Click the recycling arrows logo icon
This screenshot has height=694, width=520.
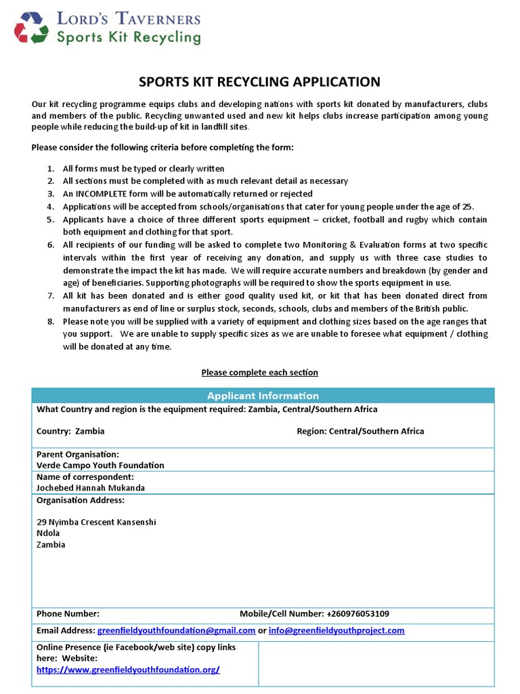click(32, 28)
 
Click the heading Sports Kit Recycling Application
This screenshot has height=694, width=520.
click(259, 82)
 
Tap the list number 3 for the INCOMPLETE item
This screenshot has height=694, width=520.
click(51, 194)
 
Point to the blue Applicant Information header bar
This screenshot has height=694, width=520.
click(263, 395)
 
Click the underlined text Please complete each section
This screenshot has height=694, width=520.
click(259, 372)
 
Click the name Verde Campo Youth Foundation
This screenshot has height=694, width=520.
click(100, 465)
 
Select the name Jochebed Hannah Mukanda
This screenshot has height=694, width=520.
click(91, 487)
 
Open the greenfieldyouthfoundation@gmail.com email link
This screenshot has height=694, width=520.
click(176, 630)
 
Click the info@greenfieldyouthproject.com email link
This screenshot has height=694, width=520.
click(337, 630)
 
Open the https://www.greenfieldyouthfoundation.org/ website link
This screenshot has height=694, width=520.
click(128, 670)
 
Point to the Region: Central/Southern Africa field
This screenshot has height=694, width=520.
click(360, 431)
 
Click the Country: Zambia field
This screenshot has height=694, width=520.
click(70, 431)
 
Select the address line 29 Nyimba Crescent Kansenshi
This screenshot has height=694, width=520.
click(96, 522)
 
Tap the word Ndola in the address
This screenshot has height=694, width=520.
click(48, 533)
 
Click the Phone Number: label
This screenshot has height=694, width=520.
click(68, 613)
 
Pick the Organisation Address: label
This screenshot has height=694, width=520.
click(80, 500)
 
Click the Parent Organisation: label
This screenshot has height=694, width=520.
click(78, 453)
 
